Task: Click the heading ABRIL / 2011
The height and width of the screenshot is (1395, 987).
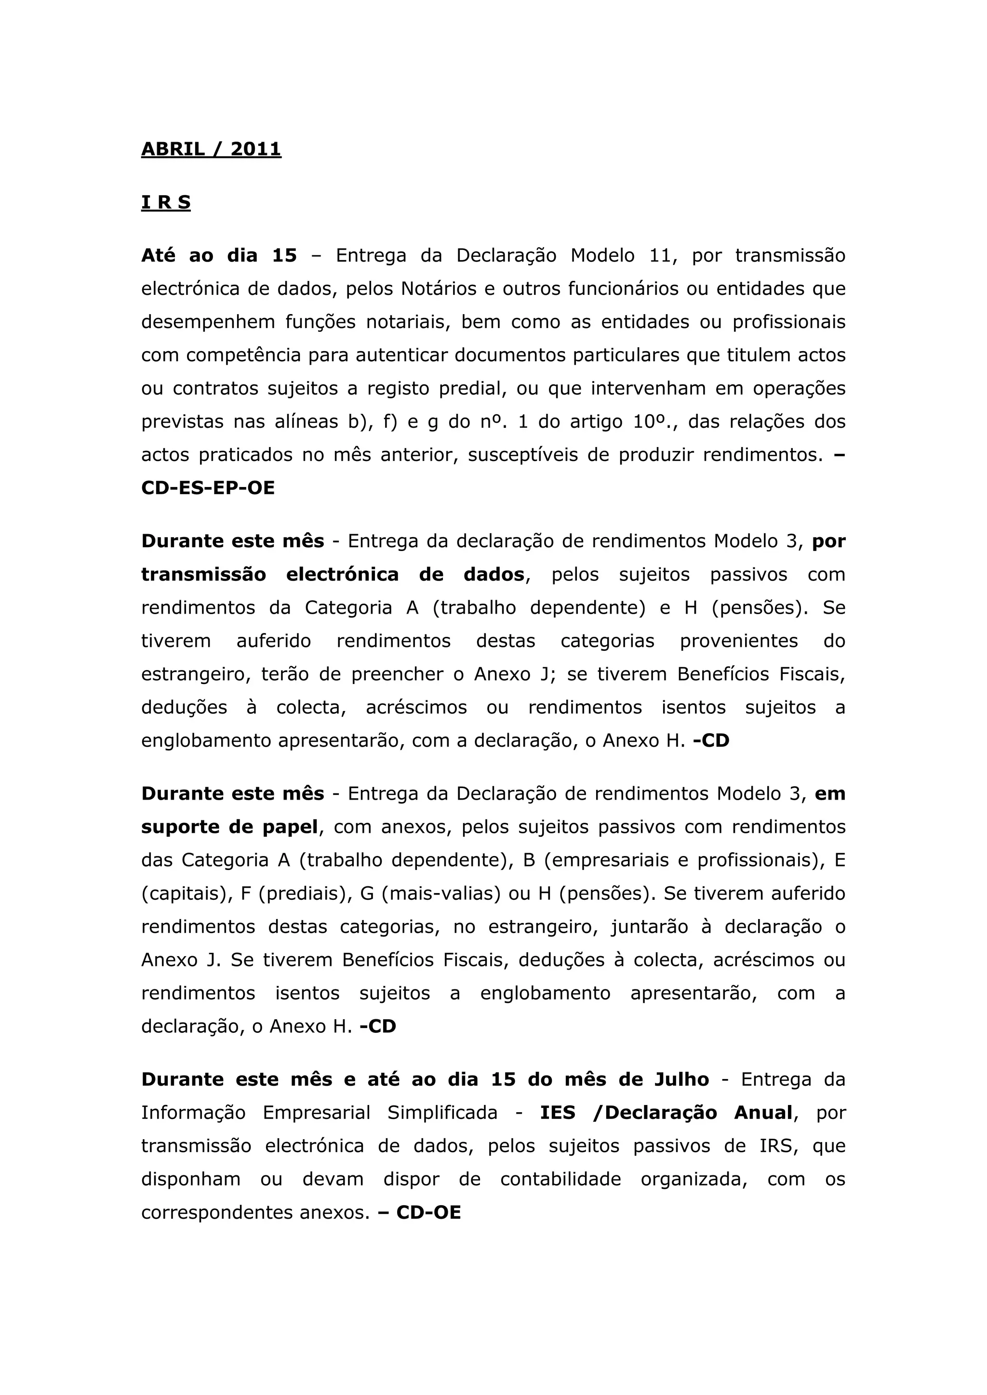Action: tap(211, 149)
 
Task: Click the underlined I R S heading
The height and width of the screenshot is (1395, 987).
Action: tap(166, 202)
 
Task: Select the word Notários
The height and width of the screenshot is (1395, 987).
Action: tap(438, 289)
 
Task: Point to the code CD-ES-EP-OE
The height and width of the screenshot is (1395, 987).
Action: tap(208, 488)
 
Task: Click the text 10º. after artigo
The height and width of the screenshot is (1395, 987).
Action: tap(655, 421)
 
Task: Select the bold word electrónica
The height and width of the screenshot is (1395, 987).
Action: tap(342, 574)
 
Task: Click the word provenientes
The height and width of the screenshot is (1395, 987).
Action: tap(739, 641)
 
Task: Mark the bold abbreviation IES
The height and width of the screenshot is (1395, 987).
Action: tap(557, 1113)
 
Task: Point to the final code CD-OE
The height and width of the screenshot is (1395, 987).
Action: tap(428, 1213)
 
